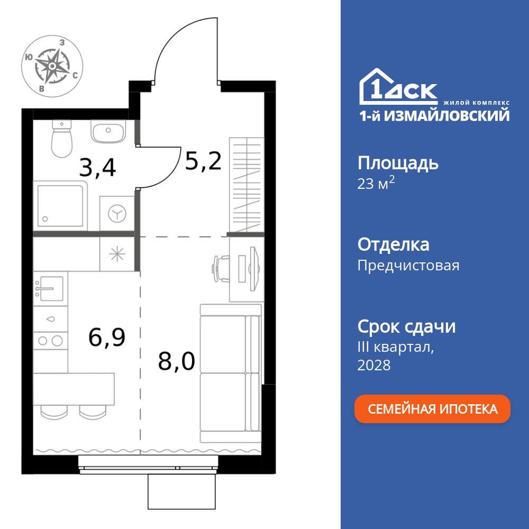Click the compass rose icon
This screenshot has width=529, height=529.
pyautogui.click(x=51, y=66)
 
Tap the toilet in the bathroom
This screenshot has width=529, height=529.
pyautogui.click(x=62, y=140)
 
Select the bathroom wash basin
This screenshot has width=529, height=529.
pyautogui.click(x=107, y=131)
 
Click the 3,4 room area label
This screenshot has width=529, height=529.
pyautogui.click(x=97, y=167)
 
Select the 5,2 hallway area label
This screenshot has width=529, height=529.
pyautogui.click(x=203, y=159)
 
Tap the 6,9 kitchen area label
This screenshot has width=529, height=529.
pyautogui.click(x=107, y=336)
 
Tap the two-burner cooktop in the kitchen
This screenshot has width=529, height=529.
pyautogui.click(x=50, y=340)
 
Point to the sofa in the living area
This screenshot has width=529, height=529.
pyautogui.click(x=231, y=373)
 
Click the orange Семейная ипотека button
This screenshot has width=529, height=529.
pyautogui.click(x=432, y=409)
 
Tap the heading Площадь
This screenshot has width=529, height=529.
pyautogui.click(x=398, y=163)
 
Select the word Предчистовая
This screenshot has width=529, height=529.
pyautogui.click(x=408, y=265)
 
